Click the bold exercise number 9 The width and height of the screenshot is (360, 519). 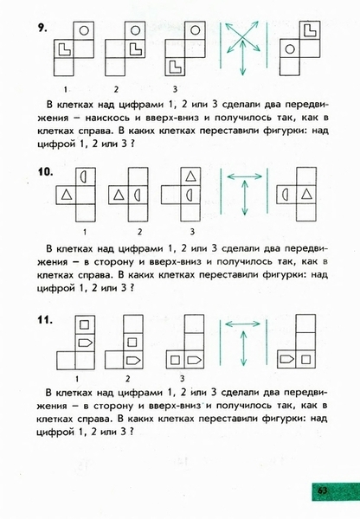[x=42, y=28]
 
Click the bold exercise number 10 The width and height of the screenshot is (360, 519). [x=45, y=172]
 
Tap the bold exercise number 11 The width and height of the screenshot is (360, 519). [x=45, y=320]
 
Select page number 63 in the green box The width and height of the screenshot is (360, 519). [x=322, y=490]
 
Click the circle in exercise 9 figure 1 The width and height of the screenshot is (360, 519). [x=84, y=31]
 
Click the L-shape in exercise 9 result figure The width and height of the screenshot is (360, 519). [x=310, y=30]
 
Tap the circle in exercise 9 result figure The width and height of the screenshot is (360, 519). [x=290, y=49]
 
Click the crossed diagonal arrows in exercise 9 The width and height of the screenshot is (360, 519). [x=243, y=36]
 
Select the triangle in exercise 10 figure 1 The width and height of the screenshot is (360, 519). [x=67, y=195]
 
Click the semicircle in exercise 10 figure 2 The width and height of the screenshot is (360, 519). [x=138, y=195]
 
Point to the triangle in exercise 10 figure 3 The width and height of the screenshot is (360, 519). [x=190, y=176]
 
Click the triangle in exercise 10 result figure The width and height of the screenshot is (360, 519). [x=306, y=195]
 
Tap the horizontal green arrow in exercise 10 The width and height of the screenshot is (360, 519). [x=245, y=176]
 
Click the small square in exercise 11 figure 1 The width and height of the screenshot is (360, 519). [x=85, y=324]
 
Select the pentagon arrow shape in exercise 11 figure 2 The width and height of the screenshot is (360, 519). [x=133, y=360]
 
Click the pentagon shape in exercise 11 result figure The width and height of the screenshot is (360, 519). [x=286, y=359]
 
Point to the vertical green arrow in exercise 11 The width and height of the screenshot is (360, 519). [x=243, y=349]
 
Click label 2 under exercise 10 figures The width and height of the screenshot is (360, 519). [x=139, y=232]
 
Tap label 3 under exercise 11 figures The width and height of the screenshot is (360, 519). [x=182, y=378]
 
